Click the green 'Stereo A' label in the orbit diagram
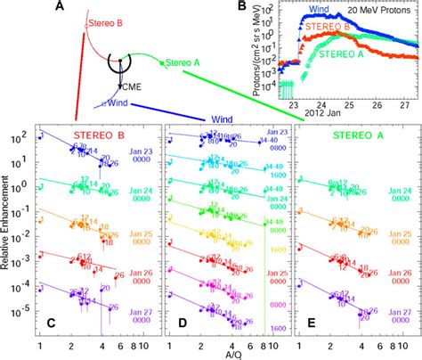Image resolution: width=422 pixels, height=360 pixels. point(182,63)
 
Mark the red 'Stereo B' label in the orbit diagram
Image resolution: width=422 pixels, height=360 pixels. point(105,25)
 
